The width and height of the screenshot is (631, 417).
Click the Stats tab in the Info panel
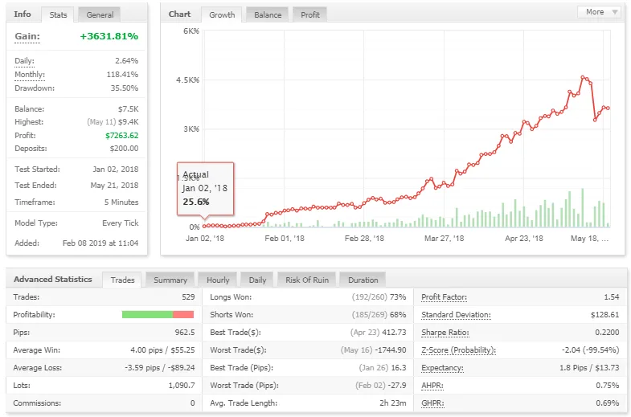tap(58, 14)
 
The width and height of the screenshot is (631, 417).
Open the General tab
tap(100, 14)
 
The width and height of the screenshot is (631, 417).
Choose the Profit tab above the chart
tap(309, 14)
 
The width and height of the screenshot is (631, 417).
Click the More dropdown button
tap(599, 12)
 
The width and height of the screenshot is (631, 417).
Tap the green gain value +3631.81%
tap(109, 36)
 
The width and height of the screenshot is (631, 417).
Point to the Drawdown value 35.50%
tap(123, 88)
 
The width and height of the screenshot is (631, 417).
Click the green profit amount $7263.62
tap(121, 135)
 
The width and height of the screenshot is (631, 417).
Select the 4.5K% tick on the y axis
tap(187, 80)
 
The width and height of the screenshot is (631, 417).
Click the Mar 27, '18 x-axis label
tap(444, 238)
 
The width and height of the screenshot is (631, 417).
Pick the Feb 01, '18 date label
tap(285, 238)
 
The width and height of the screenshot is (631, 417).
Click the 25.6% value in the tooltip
tap(195, 201)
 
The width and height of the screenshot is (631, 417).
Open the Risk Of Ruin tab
tap(306, 280)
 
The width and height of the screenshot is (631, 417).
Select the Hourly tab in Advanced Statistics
tap(218, 280)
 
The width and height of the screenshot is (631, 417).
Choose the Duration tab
tap(363, 280)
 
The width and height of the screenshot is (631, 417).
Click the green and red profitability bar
tap(158, 314)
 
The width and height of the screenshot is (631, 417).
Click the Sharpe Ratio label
tap(445, 333)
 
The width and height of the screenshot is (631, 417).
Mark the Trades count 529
tap(187, 297)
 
